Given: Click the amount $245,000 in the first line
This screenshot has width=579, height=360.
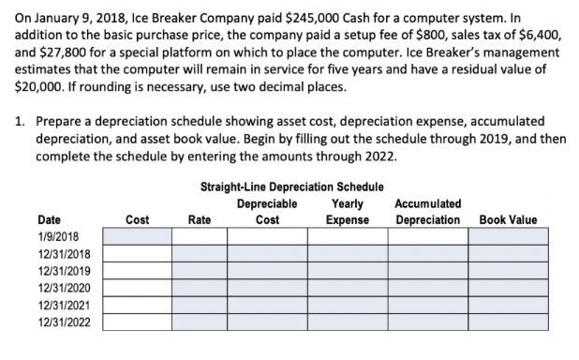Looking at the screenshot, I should [303, 13].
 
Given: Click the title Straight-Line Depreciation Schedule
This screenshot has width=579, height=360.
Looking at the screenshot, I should [291, 187].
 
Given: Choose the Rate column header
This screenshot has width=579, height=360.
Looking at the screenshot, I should [199, 219].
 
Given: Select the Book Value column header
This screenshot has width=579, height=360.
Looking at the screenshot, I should [508, 219].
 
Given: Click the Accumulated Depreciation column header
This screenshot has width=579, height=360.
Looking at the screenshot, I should [427, 211].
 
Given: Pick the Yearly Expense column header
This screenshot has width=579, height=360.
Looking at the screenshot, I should [347, 211].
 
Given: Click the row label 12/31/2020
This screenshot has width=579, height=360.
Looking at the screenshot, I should [62, 288].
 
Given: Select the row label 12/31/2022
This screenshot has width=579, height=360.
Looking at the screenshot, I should [62, 322].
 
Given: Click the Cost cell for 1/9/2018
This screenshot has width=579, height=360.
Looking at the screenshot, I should [136, 236].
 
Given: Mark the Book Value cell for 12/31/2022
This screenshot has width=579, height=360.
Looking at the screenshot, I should [508, 322].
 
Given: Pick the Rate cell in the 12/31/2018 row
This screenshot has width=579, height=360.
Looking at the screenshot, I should [199, 253].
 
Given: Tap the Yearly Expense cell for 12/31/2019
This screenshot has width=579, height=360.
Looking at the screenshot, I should [347, 271].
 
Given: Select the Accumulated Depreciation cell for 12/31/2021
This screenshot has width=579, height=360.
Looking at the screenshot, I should [427, 306].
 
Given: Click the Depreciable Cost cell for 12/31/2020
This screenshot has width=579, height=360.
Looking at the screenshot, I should [267, 288].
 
